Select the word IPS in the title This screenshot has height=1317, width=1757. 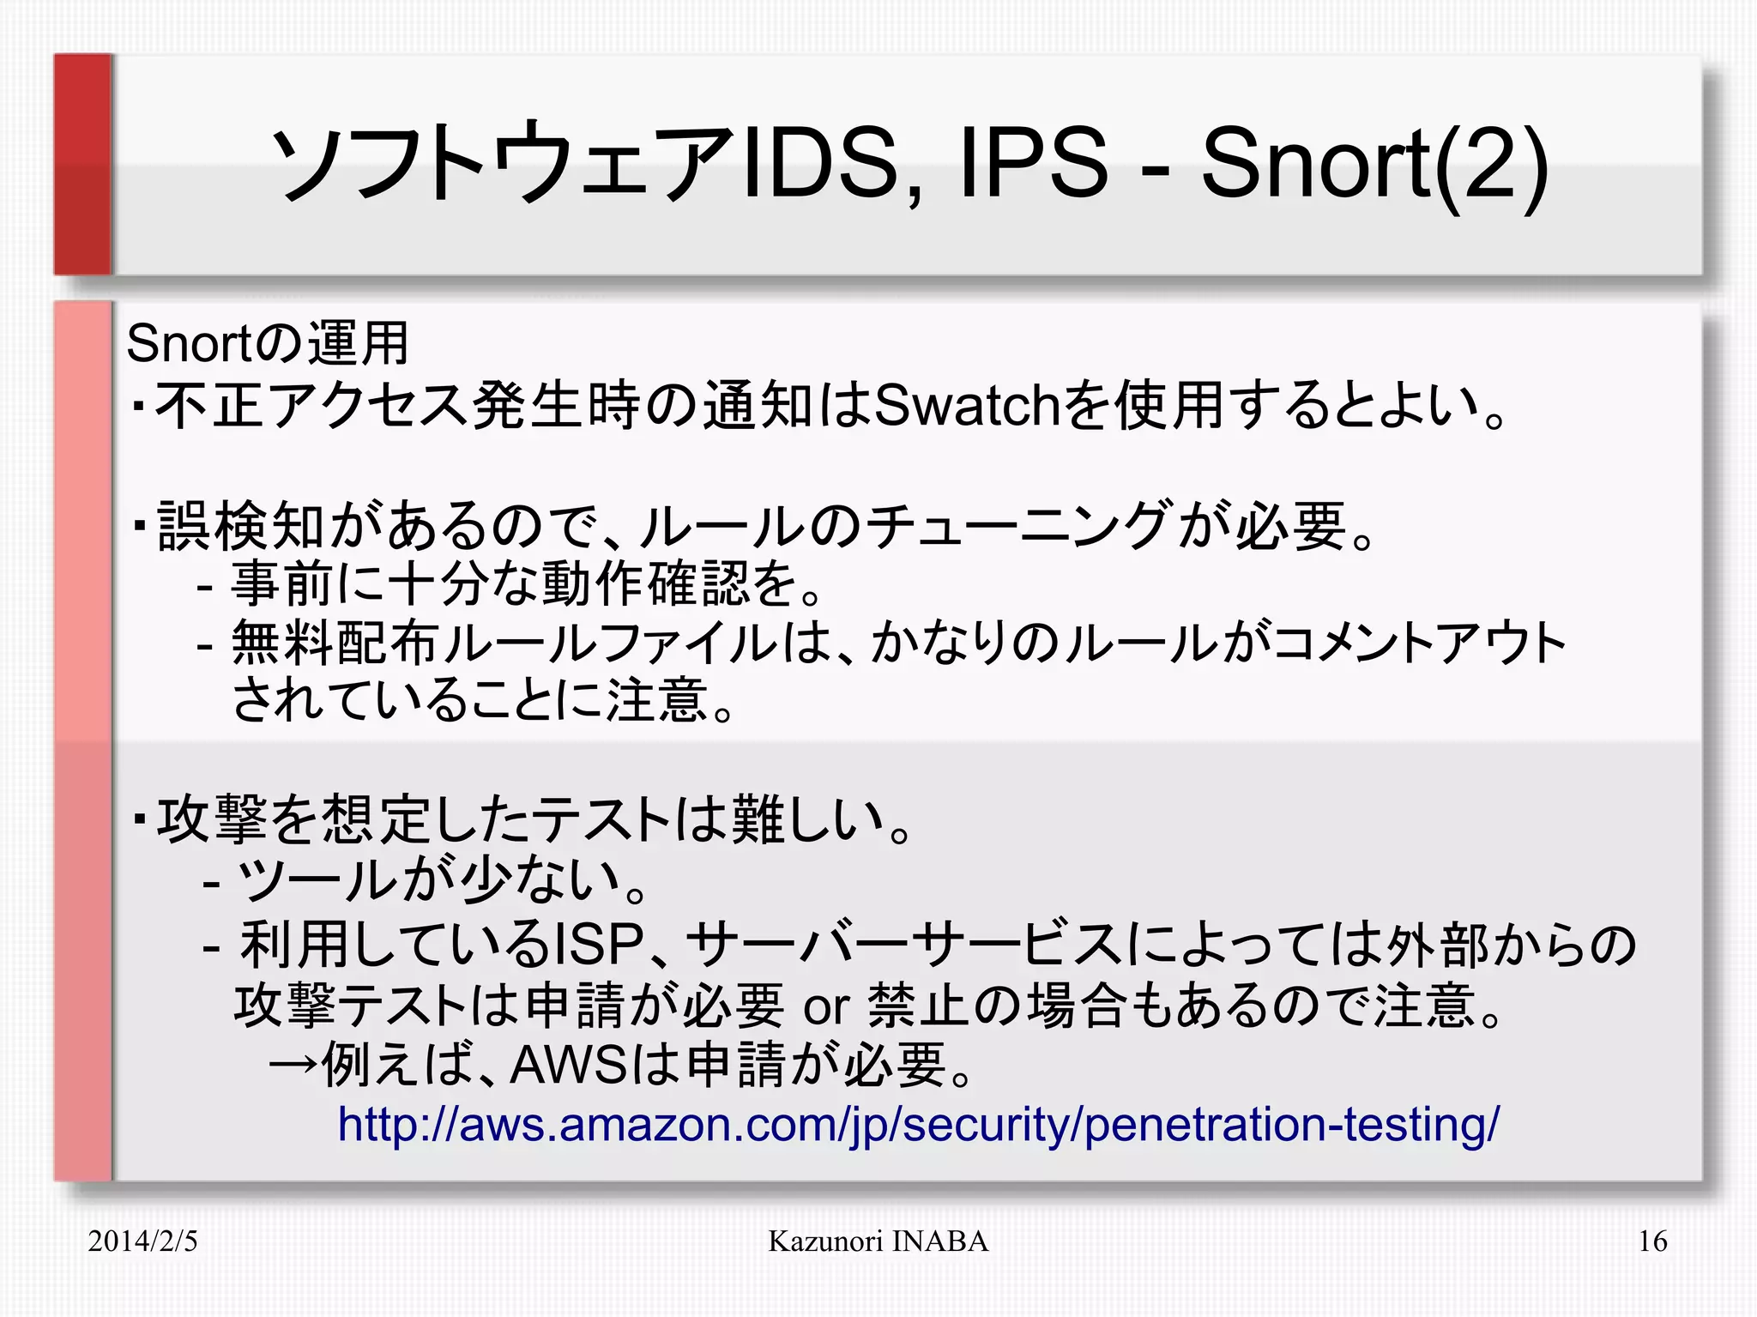[1034, 163]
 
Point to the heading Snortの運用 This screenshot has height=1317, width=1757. [267, 343]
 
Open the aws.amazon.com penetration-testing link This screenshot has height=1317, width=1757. [918, 1123]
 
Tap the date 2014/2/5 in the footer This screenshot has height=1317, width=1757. [142, 1241]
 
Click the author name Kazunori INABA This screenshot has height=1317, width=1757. [878, 1241]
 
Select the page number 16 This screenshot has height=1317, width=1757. [1652, 1241]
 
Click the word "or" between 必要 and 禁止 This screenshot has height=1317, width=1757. [825, 1006]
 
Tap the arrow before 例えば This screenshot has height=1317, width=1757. [294, 1065]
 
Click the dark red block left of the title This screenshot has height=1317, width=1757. [83, 164]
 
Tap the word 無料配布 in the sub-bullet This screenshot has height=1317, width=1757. [335, 642]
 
